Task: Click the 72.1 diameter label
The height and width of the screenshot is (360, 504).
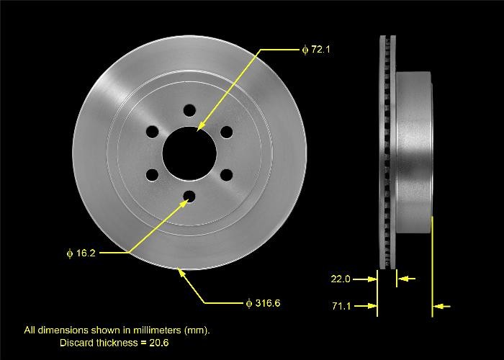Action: tap(316, 50)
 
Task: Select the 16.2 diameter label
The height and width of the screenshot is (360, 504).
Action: tap(81, 253)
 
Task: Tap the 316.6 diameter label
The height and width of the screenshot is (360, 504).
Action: tap(263, 303)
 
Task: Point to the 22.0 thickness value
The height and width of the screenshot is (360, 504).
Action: tap(341, 279)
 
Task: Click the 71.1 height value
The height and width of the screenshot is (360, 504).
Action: tap(341, 306)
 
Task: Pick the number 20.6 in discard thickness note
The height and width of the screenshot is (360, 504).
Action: tap(159, 343)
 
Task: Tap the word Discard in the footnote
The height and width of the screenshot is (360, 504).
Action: tap(76, 343)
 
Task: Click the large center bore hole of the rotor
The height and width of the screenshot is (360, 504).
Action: tap(189, 153)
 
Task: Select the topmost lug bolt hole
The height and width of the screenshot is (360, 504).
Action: tap(189, 111)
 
